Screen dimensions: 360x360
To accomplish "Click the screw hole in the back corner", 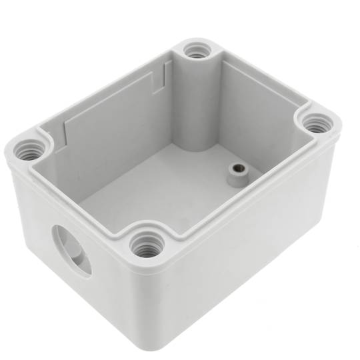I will (x=195, y=50).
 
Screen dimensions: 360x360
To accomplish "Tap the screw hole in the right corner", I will (x=315, y=123).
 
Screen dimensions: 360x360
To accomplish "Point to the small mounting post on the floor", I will (x=235, y=175).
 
